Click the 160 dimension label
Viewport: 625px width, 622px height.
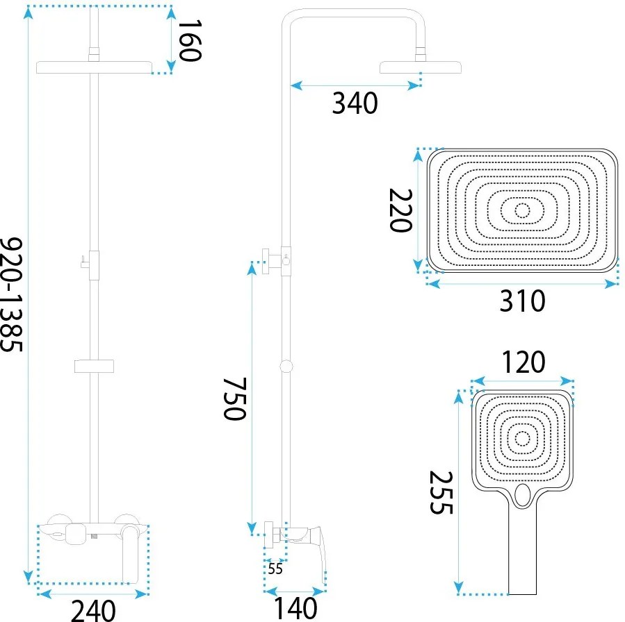point(190,40)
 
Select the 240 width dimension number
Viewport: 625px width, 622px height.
point(93,610)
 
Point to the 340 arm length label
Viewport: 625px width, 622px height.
point(355,103)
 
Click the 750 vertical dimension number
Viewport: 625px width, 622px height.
point(234,398)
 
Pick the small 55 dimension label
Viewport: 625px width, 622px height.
point(275,569)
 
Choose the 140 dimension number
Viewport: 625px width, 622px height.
point(295,608)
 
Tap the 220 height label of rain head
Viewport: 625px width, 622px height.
point(400,210)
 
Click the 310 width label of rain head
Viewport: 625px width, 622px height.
point(522,301)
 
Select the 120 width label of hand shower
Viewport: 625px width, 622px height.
point(523,362)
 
